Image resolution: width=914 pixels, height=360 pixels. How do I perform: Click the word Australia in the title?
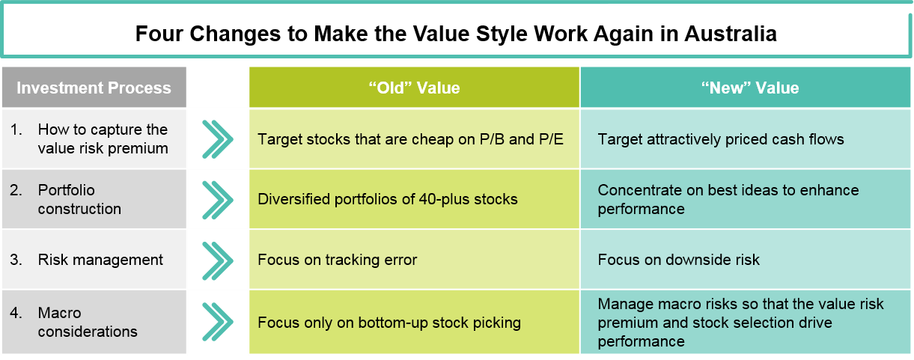(x=731, y=34)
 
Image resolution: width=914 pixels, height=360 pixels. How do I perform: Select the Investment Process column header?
(x=94, y=88)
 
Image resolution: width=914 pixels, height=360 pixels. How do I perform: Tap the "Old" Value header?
(x=414, y=88)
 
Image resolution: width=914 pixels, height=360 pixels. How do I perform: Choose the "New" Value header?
(x=746, y=88)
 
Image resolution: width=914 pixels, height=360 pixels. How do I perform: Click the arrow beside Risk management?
(x=218, y=260)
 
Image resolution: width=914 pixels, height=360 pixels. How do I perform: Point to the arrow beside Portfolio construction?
(x=218, y=200)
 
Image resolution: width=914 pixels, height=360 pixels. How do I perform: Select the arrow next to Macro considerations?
(x=218, y=322)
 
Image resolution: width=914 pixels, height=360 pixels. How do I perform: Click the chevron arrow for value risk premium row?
(x=218, y=139)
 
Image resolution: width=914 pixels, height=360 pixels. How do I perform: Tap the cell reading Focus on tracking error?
(x=414, y=260)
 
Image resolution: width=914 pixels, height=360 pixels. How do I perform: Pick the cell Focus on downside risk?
(x=746, y=260)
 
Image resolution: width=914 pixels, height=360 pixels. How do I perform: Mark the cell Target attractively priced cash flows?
(x=746, y=138)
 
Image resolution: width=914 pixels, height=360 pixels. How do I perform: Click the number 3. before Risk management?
(x=16, y=260)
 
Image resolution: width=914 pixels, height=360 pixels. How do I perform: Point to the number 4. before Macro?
(x=16, y=313)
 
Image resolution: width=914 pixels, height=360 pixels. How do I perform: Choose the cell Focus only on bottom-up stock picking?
(x=414, y=322)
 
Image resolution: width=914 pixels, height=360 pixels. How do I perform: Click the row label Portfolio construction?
(x=79, y=200)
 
